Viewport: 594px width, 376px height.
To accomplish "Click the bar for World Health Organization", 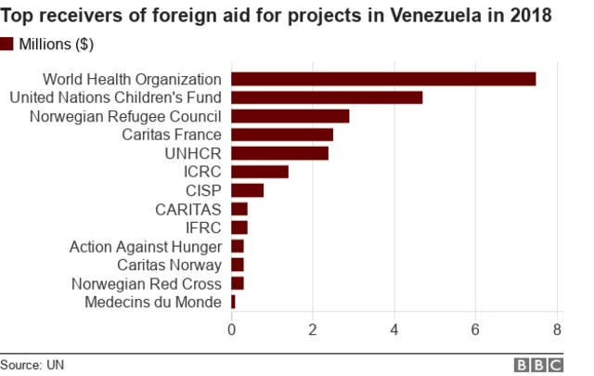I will pos(383,79).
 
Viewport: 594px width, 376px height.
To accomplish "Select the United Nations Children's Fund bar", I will pos(327,97).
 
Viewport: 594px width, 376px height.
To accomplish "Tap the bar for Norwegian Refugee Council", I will pos(291,116).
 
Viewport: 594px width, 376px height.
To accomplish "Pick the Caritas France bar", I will pos(282,135).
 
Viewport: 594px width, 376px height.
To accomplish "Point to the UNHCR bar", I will pos(279,153).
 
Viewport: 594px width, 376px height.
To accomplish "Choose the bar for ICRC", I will pos(260,172).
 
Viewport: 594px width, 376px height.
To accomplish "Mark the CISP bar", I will pos(247,190).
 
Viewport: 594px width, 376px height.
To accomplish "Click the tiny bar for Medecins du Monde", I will pos(233,302).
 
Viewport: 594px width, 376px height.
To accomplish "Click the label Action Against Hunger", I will pos(145,246).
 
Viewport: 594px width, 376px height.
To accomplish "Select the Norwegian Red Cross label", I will pos(148,283).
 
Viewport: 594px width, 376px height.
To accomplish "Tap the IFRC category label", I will pos(203,227).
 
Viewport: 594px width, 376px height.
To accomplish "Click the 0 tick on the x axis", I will pos(231,329).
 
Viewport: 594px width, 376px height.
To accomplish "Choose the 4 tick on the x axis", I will pos(394,329).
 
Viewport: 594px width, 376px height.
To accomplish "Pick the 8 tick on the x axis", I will pos(557,329).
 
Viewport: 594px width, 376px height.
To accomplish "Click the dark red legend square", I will pos(8,44).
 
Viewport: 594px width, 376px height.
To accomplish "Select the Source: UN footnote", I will pos(32,364).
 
